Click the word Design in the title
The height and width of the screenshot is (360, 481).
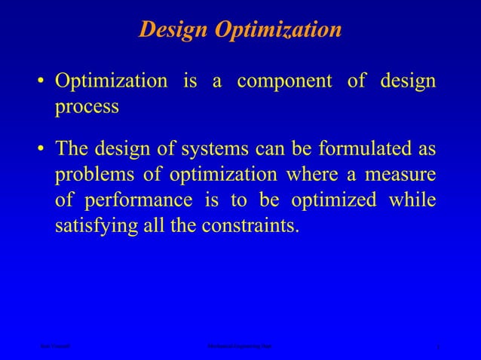click(174, 30)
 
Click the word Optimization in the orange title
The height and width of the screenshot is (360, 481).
click(278, 30)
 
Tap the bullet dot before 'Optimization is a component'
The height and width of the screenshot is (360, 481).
click(44, 82)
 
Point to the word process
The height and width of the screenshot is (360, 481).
click(87, 107)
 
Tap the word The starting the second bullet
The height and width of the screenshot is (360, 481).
click(75, 149)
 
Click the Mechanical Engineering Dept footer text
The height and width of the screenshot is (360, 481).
click(240, 346)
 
